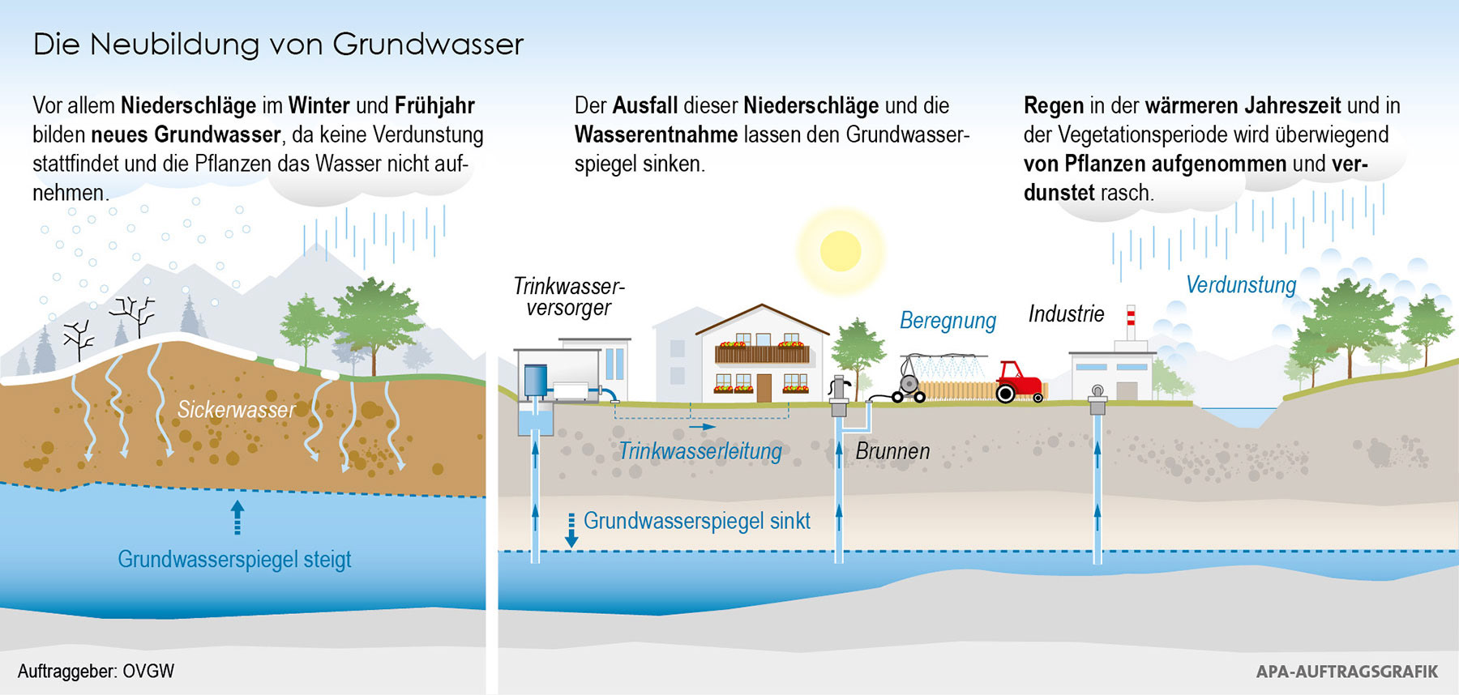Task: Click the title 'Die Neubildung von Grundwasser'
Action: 278,45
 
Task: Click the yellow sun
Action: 840,250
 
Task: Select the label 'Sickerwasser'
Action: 237,410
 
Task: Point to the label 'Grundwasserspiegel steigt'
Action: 234,560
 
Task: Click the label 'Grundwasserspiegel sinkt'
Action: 696,521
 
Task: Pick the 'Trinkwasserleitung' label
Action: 700,451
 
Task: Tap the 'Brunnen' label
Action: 892,451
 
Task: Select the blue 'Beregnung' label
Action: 948,321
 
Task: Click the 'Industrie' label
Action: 1066,314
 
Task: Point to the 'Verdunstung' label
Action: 1241,285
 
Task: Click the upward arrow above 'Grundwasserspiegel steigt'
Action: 237,516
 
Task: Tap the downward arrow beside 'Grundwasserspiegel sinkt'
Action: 571,531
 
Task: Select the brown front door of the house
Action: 764,387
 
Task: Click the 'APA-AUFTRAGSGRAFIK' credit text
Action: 1346,672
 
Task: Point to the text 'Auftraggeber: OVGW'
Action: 96,672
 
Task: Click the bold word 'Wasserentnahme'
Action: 656,134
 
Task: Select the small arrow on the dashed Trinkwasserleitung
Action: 703,426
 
